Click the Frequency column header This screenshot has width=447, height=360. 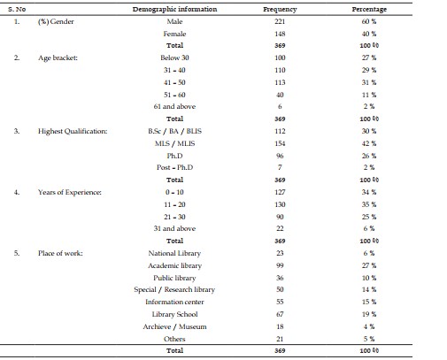click(280, 10)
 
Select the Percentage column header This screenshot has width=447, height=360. click(369, 10)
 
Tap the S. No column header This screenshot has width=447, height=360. click(17, 9)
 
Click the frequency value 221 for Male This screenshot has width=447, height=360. click(280, 21)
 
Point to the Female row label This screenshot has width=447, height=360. click(174, 34)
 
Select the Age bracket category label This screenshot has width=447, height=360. click(58, 57)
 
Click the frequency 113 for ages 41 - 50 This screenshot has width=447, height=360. click(280, 82)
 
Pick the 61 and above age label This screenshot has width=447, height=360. click(174, 106)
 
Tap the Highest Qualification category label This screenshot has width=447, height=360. click(73, 131)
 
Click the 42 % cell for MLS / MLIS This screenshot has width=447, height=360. click(369, 143)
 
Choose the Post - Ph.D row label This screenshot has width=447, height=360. click(174, 167)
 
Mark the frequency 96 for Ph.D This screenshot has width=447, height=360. click(280, 156)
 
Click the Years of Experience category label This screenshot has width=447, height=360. click(70, 192)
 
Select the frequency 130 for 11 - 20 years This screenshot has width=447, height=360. click(280, 204)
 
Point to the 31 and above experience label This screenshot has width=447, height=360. click(174, 228)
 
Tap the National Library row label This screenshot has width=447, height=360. click(174, 253)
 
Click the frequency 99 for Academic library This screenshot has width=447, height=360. click(280, 265)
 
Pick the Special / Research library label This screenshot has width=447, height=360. click(174, 289)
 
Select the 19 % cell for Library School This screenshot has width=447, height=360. click(369, 314)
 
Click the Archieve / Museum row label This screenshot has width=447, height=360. click(174, 326)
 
